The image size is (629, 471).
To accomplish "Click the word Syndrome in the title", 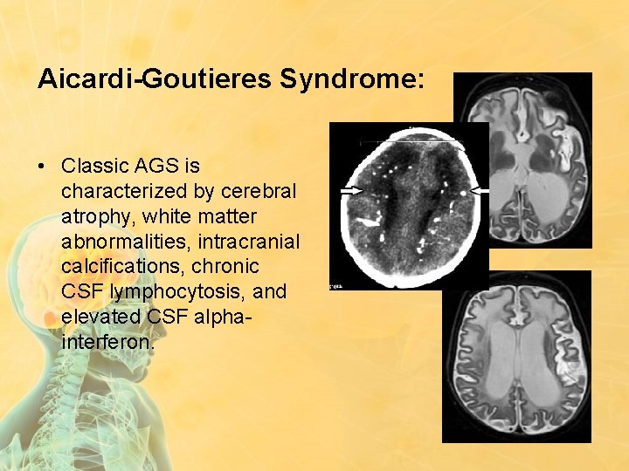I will click(352, 79).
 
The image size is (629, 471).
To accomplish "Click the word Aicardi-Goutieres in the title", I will click(154, 79).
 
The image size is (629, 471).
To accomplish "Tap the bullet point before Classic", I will click(44, 166).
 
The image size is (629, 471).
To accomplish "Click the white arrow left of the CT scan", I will click(351, 189).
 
